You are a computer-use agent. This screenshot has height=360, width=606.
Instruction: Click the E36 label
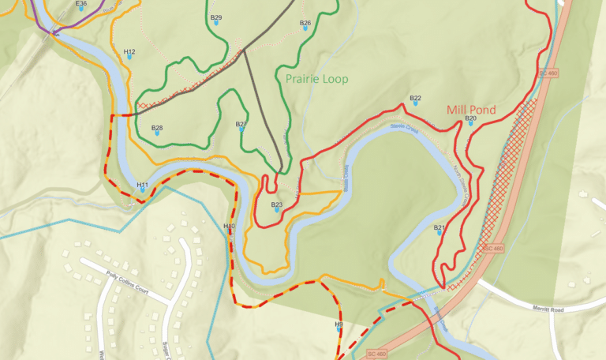81,4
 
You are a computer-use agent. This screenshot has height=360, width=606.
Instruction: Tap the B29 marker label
216,17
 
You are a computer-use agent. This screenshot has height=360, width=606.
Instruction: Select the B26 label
305,23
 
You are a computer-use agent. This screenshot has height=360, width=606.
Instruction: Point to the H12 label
130,52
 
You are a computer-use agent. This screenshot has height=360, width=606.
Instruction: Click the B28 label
157,128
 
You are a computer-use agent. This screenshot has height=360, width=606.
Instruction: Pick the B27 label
241,124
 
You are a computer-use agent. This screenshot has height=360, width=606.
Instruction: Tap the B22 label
416,99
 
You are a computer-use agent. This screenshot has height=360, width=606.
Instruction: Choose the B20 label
470,118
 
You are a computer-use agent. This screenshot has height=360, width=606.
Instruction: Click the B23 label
277,205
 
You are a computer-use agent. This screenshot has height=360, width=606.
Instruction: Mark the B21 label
440,228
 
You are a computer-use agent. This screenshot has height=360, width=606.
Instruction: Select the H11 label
142,185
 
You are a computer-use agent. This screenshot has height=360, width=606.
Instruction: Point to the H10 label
229,227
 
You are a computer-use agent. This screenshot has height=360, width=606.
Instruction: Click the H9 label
339,324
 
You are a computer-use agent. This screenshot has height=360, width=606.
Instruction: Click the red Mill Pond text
471,110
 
